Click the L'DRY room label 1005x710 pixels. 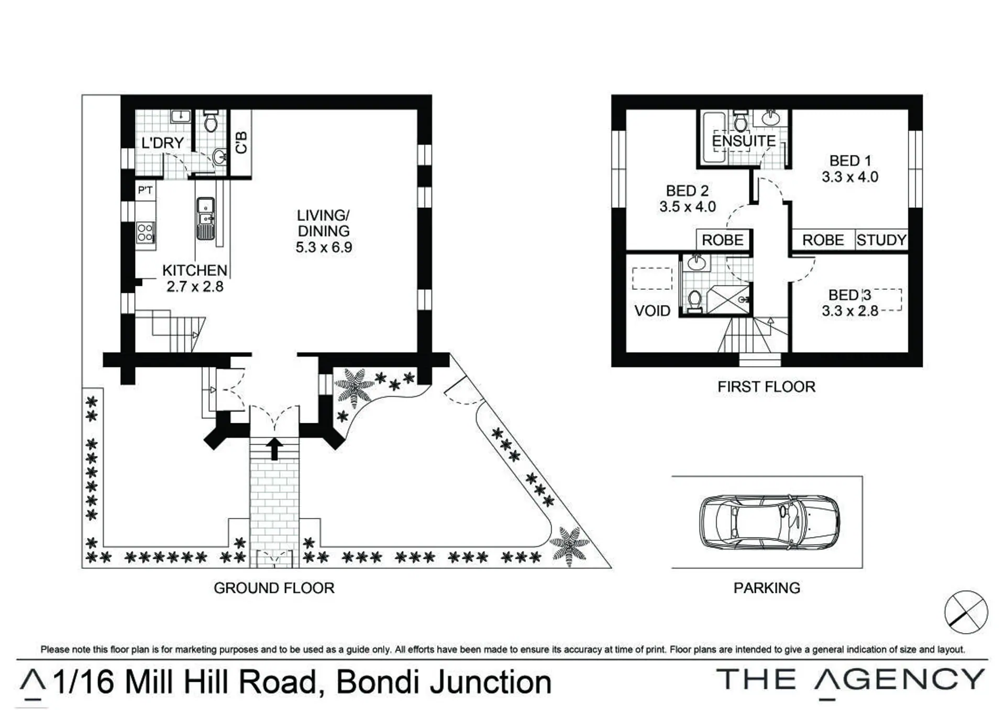162,143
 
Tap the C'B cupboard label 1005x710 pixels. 241,142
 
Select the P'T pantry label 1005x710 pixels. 145,190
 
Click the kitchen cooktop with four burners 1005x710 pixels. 145,233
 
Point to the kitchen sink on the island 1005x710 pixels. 205,218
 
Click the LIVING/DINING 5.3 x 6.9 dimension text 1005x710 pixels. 324,247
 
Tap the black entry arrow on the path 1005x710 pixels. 274,448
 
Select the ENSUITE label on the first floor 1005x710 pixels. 744,141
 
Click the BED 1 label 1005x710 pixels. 850,161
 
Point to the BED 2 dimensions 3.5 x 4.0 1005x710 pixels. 688,207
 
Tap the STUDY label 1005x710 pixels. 881,240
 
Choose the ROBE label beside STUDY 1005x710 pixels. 823,240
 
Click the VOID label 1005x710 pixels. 652,311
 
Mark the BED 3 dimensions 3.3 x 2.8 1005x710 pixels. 850,311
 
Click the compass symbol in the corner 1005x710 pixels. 966,612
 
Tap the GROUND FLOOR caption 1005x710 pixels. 274,588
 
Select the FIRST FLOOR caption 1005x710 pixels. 766,387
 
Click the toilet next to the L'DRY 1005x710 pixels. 211,121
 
